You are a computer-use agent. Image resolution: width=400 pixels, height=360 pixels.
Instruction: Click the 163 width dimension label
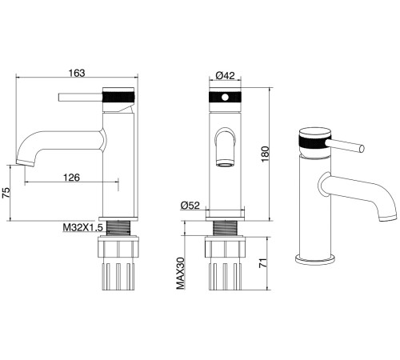77,73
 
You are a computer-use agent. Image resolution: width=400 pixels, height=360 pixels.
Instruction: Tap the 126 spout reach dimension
71,178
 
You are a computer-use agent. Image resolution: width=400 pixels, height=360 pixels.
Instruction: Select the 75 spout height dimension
6,192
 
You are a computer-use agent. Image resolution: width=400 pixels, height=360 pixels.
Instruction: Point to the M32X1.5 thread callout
82,228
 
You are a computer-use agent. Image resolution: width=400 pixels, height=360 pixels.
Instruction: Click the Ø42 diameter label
226,76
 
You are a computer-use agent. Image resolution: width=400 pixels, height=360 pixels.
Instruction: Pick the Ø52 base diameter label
190,205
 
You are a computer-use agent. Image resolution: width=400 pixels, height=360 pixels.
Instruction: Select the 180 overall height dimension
266,154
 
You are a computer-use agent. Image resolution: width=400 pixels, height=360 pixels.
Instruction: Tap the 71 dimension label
263,263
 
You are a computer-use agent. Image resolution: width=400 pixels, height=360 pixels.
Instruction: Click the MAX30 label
181,274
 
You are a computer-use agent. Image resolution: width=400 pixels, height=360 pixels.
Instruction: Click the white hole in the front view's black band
226,98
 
